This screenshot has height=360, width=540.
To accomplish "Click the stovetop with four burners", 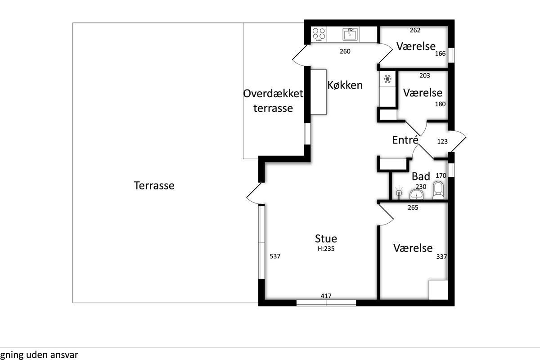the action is click(319, 34).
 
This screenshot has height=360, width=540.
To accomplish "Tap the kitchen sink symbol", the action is click(351, 34).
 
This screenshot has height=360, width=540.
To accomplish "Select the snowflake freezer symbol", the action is click(387, 79).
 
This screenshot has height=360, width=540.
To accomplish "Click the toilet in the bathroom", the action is click(438, 190).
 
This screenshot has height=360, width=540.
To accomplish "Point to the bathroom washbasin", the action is click(416, 194).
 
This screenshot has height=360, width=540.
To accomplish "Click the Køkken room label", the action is click(345, 85).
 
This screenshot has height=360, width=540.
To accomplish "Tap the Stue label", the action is click(326, 238).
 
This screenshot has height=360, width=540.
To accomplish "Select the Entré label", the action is click(405, 139).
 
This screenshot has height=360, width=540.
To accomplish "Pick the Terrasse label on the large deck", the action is click(154, 185).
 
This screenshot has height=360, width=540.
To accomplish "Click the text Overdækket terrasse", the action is click(273, 101).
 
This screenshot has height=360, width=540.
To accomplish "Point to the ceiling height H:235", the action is click(326, 248).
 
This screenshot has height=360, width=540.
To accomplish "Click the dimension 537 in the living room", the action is click(275, 256).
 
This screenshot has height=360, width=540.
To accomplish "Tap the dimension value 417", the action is click(326, 296).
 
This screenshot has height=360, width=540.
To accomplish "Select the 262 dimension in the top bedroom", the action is click(415, 30).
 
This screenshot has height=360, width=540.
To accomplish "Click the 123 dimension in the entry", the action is click(442, 142).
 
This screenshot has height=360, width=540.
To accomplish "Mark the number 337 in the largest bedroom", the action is click(441, 257).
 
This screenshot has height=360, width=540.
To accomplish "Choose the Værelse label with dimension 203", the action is click(423, 93).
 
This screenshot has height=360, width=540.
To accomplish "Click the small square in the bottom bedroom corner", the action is click(438, 290).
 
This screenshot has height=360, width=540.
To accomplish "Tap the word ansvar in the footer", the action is click(64, 355).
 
